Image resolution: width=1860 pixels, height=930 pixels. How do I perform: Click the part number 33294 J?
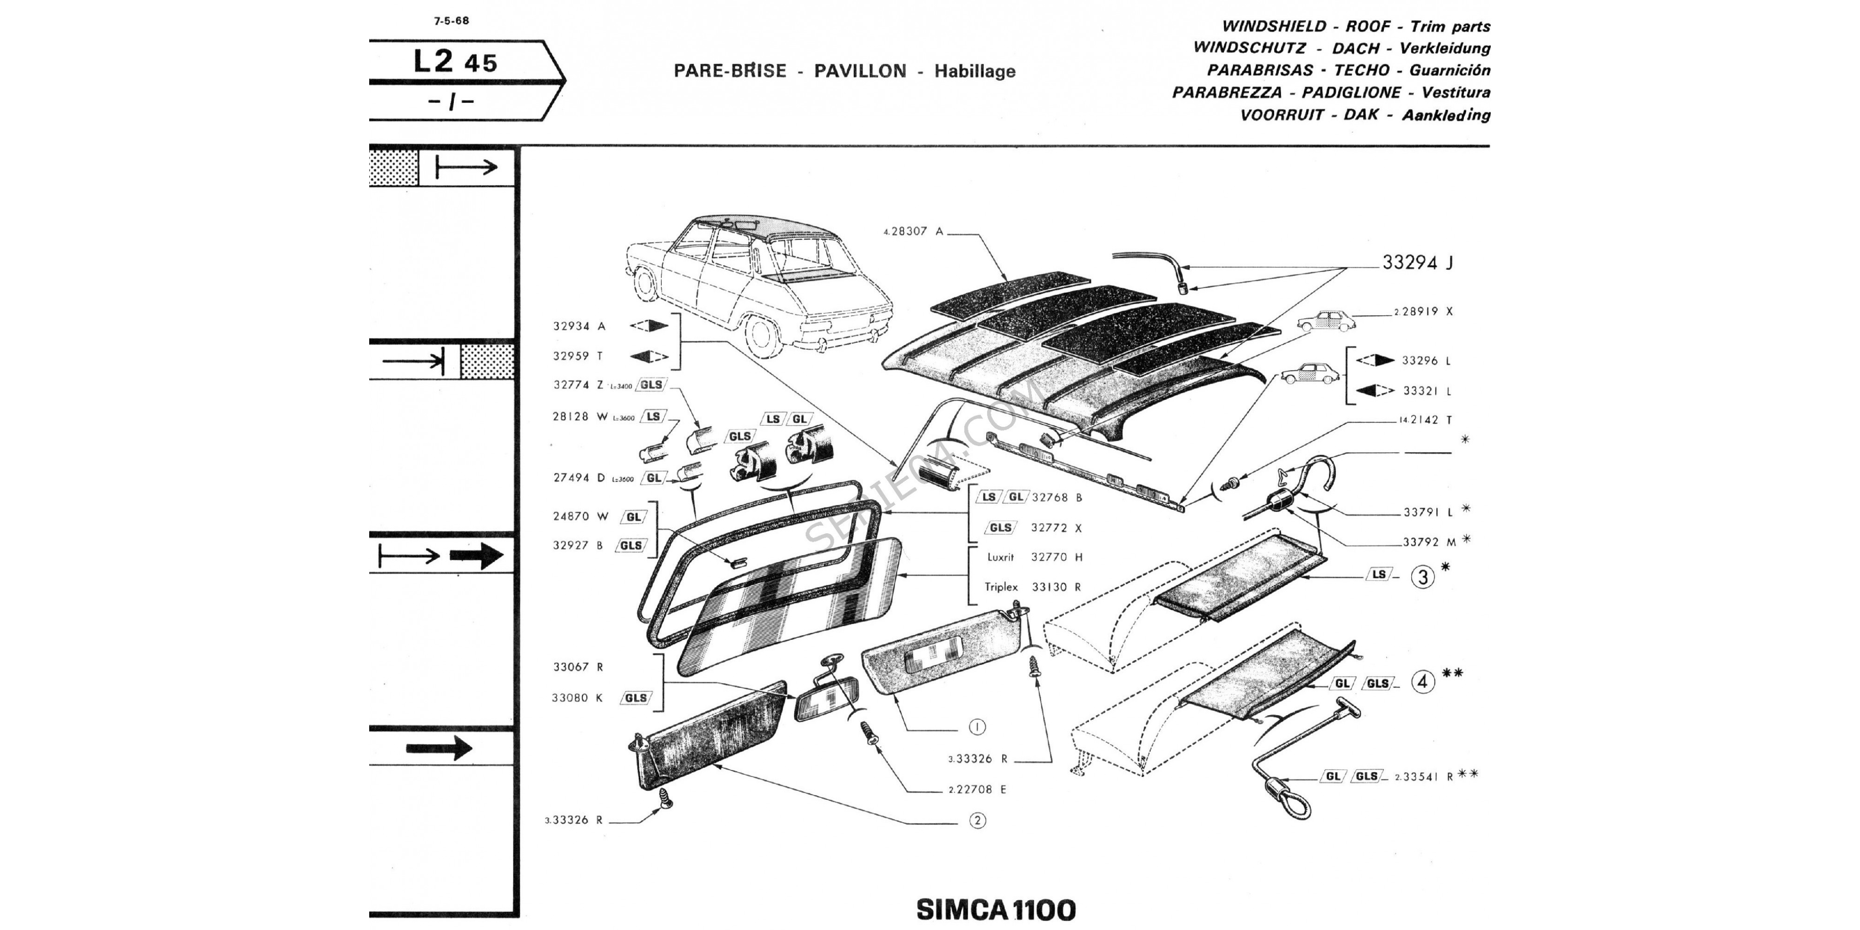pos(1417,263)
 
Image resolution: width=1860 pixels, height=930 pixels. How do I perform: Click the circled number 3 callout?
pos(1422,577)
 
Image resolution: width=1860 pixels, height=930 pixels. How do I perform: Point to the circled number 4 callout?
pos(1422,682)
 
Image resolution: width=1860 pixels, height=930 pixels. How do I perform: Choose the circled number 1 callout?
pos(977,727)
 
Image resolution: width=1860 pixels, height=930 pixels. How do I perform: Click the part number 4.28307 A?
pos(913,232)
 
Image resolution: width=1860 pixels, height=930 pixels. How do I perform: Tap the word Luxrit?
pos(1001,558)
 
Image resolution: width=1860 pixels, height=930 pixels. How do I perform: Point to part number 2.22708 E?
pos(977,790)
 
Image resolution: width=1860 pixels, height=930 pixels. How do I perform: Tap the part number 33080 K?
pos(578,698)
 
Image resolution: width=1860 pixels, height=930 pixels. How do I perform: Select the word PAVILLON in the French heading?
pos(860,71)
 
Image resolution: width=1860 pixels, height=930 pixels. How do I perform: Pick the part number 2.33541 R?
pos(1422,777)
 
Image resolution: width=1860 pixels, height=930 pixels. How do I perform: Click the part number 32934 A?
pos(579,326)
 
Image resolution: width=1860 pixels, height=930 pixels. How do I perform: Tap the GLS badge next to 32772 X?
pos(1000,528)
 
